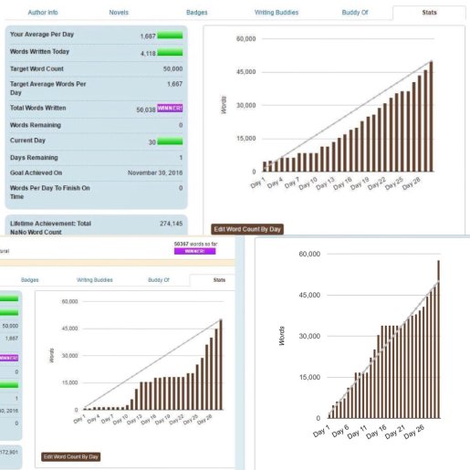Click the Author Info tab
[43, 13]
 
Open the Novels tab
[119, 13]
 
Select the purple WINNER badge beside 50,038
[170, 108]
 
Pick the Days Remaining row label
[36, 156]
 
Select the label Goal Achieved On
[37, 172]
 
